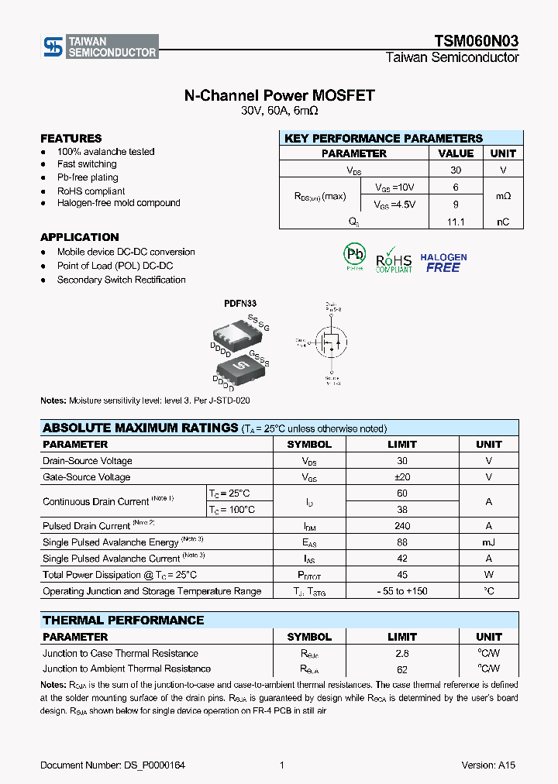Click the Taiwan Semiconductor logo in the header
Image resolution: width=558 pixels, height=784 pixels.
(x=100, y=46)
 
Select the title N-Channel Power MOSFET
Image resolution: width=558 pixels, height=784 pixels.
(x=279, y=95)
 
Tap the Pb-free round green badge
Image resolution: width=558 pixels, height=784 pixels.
(x=354, y=256)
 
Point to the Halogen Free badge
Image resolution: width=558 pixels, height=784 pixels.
(x=443, y=263)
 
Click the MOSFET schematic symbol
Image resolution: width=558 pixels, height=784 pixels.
(x=331, y=342)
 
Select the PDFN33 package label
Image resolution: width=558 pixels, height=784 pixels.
(x=241, y=304)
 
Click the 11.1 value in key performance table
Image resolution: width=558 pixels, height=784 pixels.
(x=456, y=222)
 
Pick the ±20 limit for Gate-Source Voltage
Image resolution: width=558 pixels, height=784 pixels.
(x=402, y=477)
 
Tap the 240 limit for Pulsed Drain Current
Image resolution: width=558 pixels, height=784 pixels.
(x=402, y=526)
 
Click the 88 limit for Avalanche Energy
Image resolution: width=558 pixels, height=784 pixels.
(x=402, y=542)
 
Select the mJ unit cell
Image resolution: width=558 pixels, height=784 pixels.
(x=488, y=542)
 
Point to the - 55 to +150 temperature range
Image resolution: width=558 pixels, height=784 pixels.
(x=402, y=591)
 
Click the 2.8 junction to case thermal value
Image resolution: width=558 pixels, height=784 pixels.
(x=402, y=653)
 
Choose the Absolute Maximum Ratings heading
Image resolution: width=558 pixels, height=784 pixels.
(x=140, y=428)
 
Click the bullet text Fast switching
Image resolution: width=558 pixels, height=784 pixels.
(x=87, y=164)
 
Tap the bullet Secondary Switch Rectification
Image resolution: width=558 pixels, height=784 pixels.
(x=121, y=280)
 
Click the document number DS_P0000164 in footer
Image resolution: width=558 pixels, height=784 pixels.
(x=112, y=765)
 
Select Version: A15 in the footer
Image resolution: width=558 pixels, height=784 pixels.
(x=488, y=765)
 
